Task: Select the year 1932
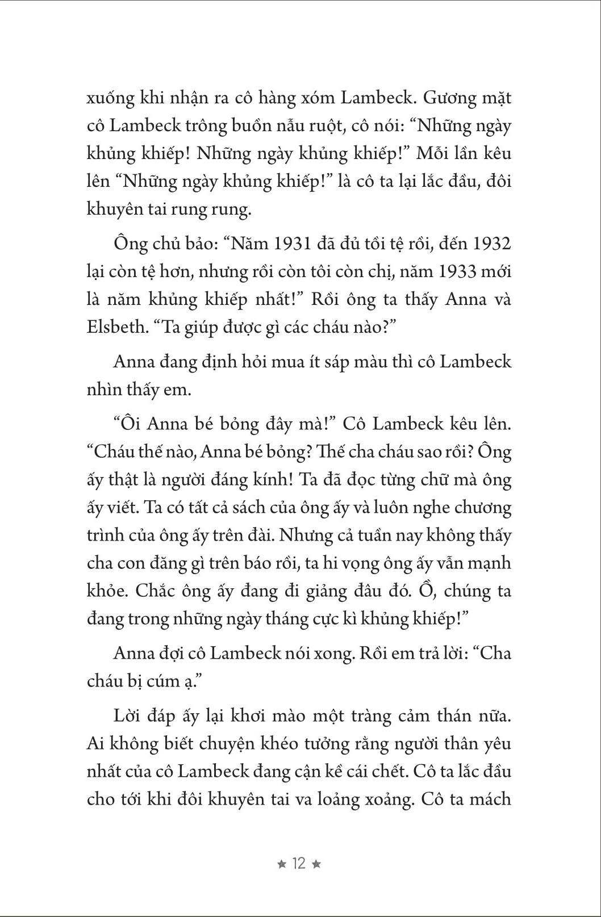(x=491, y=244)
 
